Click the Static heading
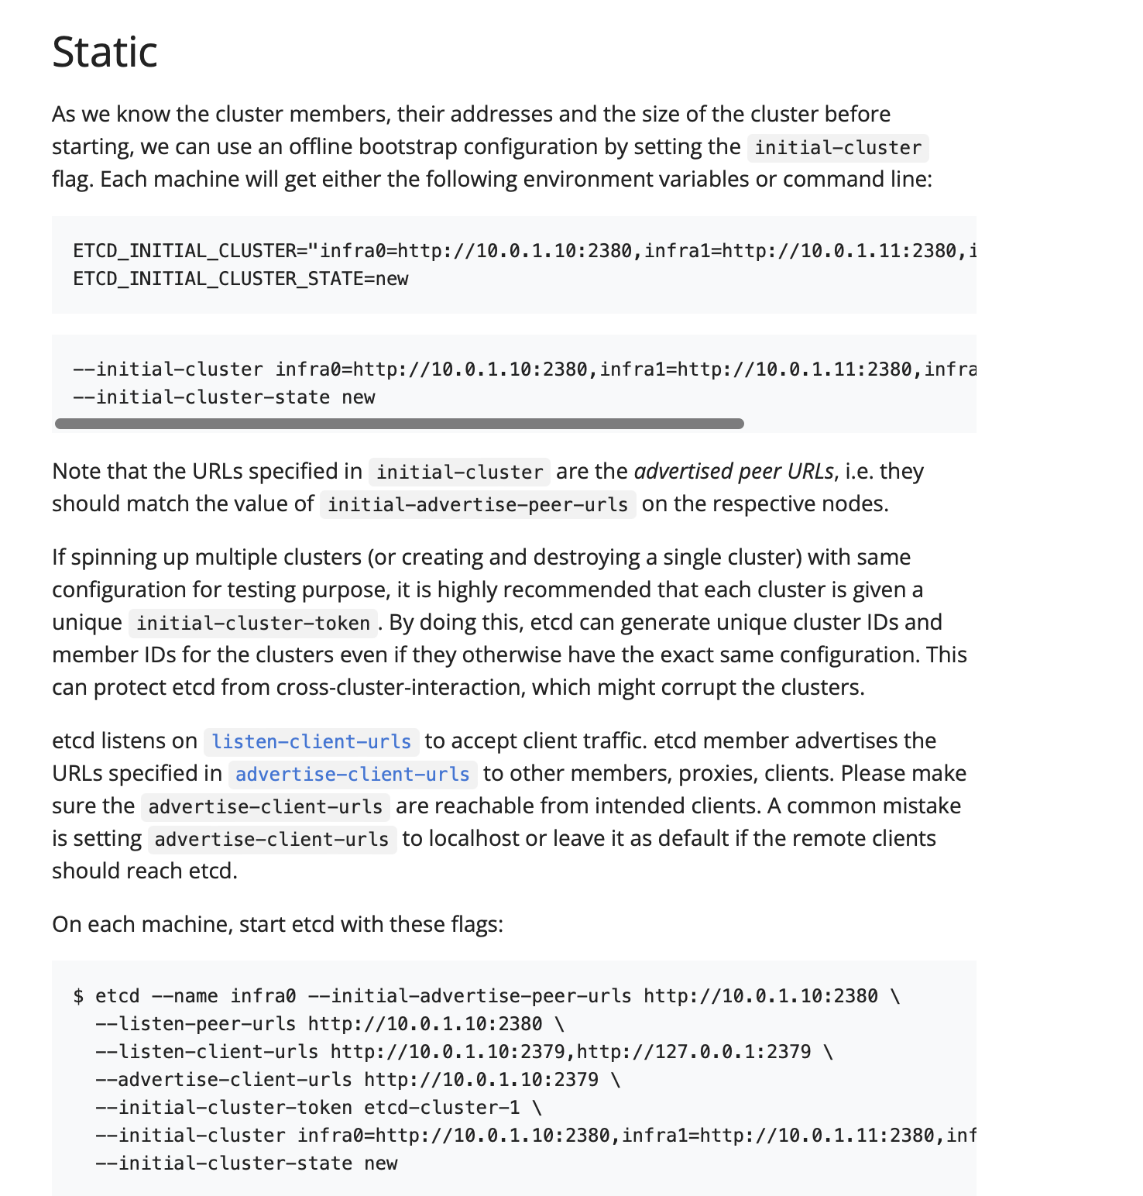pos(105,52)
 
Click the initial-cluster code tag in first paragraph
pos(837,147)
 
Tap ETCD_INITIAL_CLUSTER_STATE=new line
pos(240,279)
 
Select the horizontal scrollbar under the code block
pos(400,424)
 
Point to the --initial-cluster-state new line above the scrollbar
pos(223,397)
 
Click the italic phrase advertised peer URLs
pos(733,471)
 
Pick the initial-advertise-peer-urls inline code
pos(477,504)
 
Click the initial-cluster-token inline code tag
pos(253,623)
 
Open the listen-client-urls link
pos(311,741)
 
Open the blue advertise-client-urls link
pos(352,774)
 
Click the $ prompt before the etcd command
pos(78,996)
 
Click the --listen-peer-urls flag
pos(195,1024)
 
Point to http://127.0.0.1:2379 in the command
pos(694,1052)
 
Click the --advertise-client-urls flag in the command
pos(223,1080)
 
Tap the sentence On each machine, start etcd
pos(277,924)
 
